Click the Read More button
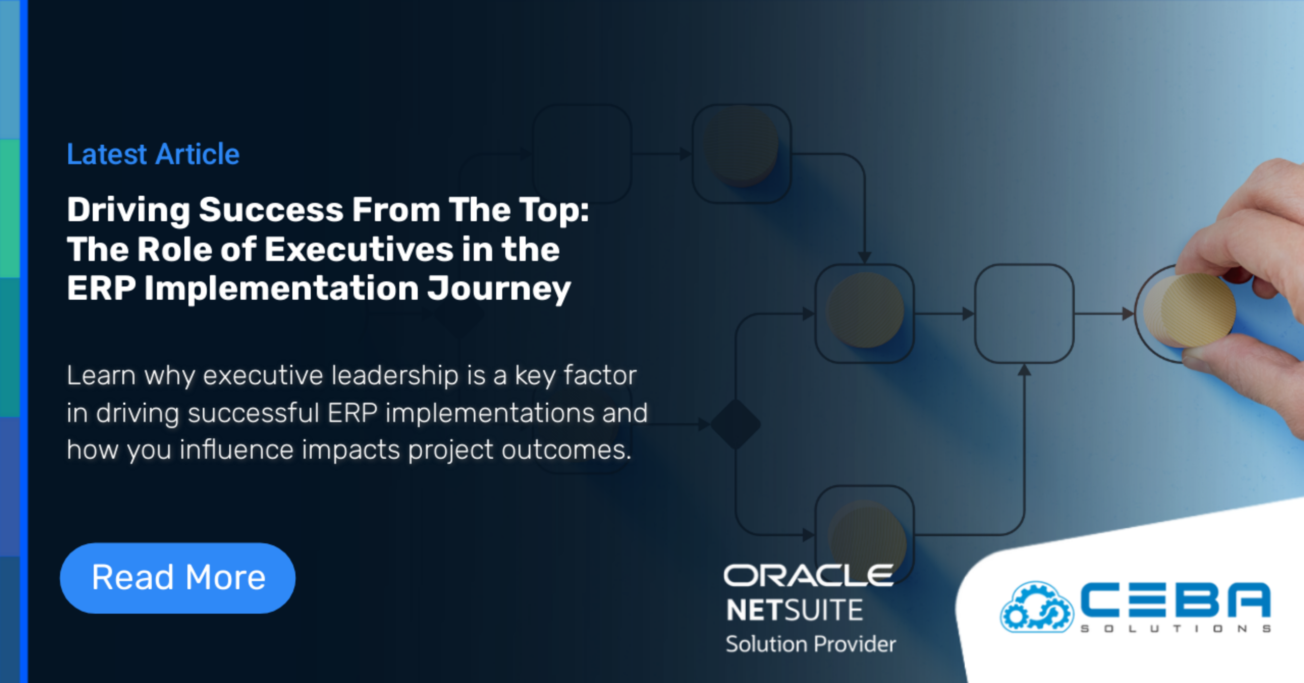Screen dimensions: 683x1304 (178, 577)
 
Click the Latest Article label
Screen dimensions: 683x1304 (153, 154)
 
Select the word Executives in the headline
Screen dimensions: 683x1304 (359, 249)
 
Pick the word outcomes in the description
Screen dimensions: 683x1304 (566, 450)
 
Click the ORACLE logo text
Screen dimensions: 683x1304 (808, 575)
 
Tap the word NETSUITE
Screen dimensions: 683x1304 (795, 610)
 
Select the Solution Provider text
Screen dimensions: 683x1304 (810, 644)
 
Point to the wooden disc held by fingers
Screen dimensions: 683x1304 (1189, 309)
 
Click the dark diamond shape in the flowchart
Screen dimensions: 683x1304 (736, 424)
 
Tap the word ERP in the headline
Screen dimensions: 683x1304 (101, 289)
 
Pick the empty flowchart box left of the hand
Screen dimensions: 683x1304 (1024, 313)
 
